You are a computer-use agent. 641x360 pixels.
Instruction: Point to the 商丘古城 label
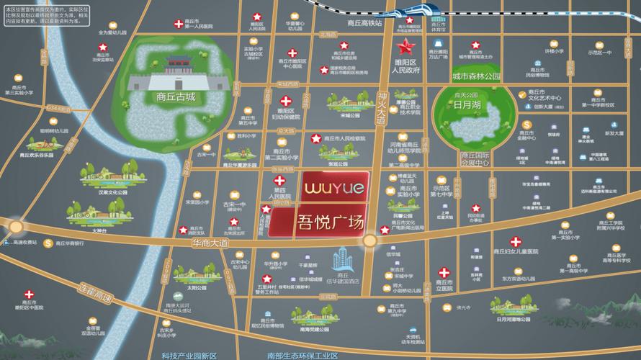click(x=176, y=96)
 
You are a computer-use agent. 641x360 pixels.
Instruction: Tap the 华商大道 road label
click(x=210, y=244)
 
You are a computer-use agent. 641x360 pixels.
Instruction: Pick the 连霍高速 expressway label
click(x=95, y=292)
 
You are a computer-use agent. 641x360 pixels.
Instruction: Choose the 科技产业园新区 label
click(x=189, y=355)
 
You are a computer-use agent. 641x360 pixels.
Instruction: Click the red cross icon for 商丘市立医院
click(x=445, y=273)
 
